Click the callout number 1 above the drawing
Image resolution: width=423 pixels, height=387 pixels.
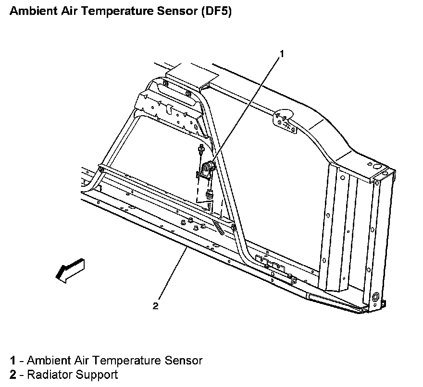[x=282, y=54]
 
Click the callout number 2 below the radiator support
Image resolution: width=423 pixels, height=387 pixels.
[x=155, y=306]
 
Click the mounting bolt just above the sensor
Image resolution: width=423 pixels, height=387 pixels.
[x=199, y=151]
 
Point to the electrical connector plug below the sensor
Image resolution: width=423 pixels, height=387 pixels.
[x=209, y=194]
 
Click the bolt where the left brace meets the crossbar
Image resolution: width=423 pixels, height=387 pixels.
[x=101, y=169]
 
